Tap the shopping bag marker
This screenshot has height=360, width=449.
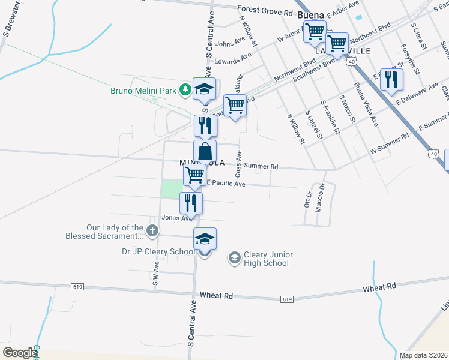tap(205, 151)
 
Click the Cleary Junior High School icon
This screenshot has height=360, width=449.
tap(234, 259)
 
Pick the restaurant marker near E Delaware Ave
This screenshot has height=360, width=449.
tap(391, 80)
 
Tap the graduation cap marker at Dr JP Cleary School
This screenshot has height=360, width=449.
tap(205, 239)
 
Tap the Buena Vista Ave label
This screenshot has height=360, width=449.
tap(366, 103)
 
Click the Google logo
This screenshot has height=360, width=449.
tap(20, 353)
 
